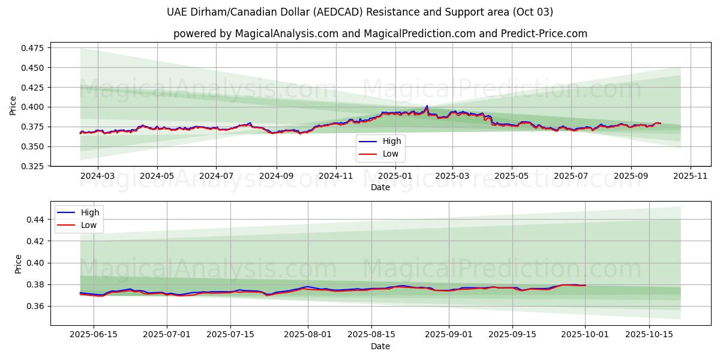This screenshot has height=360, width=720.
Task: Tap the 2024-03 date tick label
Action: point(98,176)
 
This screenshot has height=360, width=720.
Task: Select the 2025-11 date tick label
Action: point(690,176)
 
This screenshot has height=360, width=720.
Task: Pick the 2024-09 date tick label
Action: point(276,176)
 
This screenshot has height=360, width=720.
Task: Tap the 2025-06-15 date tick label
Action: point(94,335)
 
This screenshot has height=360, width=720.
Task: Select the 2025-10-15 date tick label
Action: point(649,335)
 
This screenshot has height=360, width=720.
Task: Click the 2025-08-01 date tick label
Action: point(308,335)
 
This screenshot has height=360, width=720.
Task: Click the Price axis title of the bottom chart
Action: point(19,264)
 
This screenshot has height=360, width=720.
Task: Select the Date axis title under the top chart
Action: point(380,187)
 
